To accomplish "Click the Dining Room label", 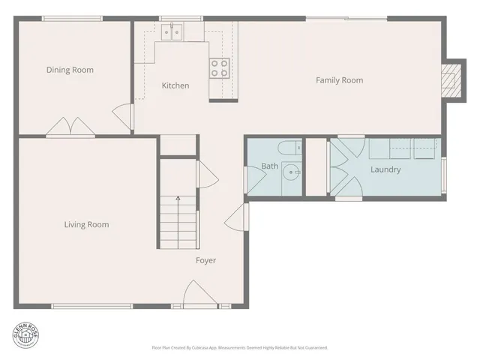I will pos(70,70).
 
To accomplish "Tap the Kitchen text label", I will pos(175,85).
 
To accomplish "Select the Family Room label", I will pos(339,80).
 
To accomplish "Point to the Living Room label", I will pos(86,224).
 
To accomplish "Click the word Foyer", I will pos(205,260).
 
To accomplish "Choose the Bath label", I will pos(269,166).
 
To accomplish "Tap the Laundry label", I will pos(385,169).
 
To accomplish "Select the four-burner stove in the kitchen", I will pos(219,68).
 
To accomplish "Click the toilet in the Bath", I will pos(289,147).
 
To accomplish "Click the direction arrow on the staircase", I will pos(178,199).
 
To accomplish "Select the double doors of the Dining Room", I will pos(70,127).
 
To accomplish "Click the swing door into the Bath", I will pos(255,176).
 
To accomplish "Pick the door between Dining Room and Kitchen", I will pos(122,115).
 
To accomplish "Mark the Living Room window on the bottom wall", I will pos(91,305).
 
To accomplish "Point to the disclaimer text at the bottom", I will pos(239,347).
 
